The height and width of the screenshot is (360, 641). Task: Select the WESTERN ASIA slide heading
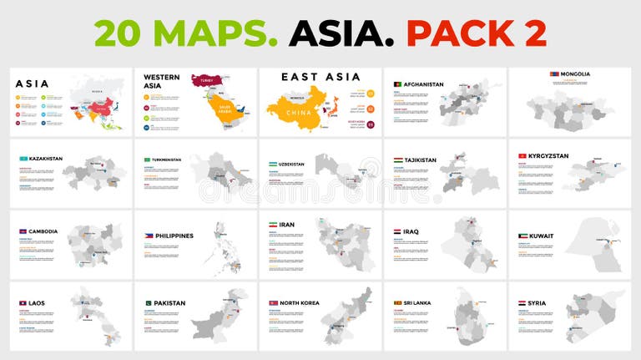(x=162, y=81)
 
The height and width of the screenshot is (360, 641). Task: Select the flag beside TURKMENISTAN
(x=147, y=160)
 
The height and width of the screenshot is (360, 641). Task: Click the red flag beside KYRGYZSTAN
(x=521, y=156)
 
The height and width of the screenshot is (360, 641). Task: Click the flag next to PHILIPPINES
(x=147, y=236)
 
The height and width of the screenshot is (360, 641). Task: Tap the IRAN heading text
(x=287, y=226)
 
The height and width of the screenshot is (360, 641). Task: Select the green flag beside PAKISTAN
(x=147, y=303)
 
